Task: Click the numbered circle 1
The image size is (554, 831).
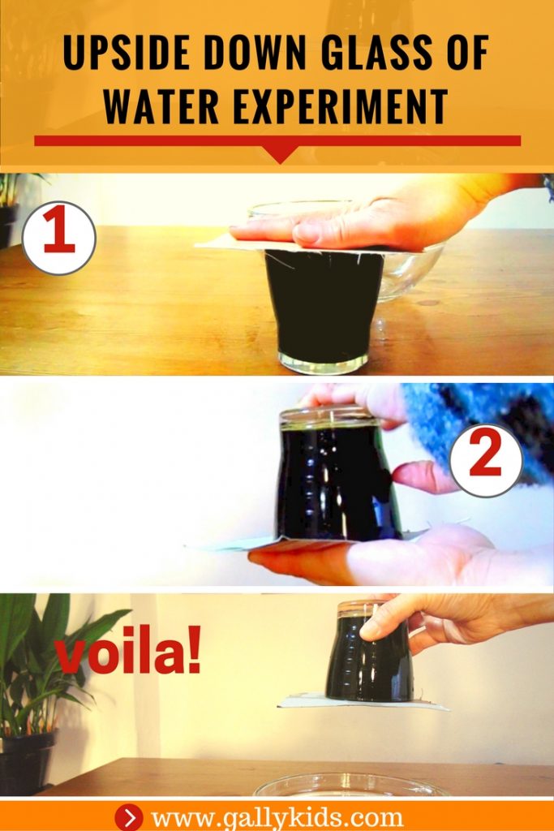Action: (x=59, y=238)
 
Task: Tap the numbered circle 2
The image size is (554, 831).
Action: (x=485, y=460)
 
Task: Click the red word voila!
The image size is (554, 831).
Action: (x=128, y=656)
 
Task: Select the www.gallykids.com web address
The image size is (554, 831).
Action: (x=277, y=816)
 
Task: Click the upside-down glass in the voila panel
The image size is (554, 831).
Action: (x=369, y=657)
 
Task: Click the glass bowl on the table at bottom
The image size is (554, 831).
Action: (x=349, y=786)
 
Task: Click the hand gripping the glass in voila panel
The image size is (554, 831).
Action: (x=438, y=621)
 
